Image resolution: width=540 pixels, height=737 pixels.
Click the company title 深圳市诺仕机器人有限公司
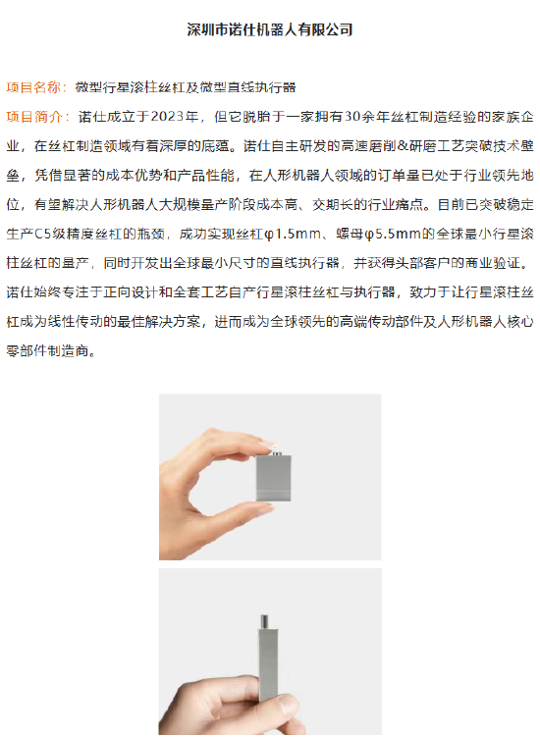[270, 29]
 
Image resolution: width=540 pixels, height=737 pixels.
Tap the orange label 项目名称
[33, 87]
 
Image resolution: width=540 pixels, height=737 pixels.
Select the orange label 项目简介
[33, 116]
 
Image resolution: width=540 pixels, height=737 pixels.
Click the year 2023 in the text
[167, 116]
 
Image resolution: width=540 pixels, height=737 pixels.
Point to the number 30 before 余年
[352, 116]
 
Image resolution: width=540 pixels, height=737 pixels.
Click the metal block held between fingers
[273, 477]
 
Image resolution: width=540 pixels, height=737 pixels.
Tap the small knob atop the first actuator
[275, 453]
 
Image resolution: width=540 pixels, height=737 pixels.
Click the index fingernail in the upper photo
[266, 444]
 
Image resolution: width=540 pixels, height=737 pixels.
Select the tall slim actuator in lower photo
[267, 658]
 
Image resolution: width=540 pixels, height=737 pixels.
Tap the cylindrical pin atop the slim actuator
[265, 621]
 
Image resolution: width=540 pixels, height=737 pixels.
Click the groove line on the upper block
[273, 490]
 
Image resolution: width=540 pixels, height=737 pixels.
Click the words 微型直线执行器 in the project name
[247, 87]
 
